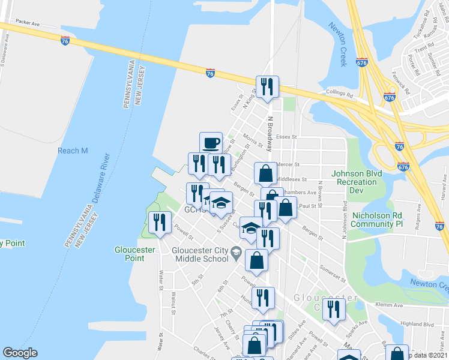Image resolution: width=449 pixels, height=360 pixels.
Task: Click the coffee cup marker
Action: pos(211,143)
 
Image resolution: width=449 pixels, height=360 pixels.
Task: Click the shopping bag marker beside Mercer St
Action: pos(265,173)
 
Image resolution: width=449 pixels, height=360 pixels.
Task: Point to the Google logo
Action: pos(20,353)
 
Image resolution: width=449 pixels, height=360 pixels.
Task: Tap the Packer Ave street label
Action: pos(28,22)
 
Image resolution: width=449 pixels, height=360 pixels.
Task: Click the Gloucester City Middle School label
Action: pos(200,254)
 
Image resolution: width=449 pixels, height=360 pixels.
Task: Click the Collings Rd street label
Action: pos(339,94)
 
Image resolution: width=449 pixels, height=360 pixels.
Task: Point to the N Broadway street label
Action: pos(271,134)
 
